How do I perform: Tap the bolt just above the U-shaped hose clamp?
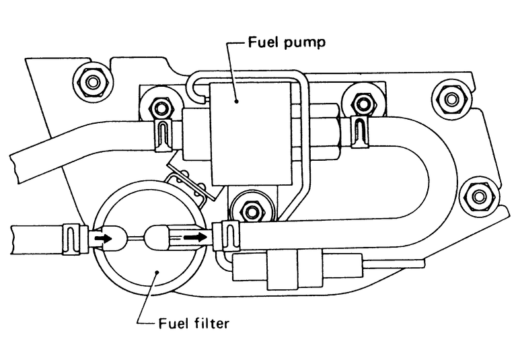364,103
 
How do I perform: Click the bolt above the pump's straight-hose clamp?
160,106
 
